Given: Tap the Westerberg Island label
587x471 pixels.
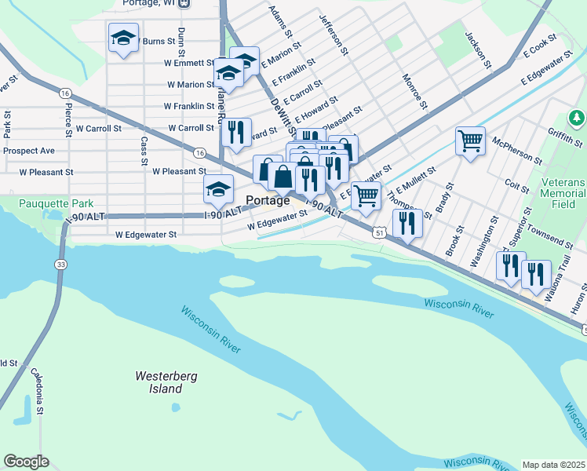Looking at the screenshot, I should (x=159, y=382).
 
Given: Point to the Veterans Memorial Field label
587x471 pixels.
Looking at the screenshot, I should (x=563, y=193).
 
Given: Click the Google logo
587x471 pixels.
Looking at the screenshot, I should (x=26, y=462).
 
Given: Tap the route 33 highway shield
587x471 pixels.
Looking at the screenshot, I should (x=60, y=265).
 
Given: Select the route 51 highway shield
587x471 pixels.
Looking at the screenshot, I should (x=379, y=233).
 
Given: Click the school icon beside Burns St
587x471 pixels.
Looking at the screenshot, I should (x=123, y=38).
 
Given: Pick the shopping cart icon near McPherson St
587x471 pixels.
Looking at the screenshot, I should (x=470, y=142).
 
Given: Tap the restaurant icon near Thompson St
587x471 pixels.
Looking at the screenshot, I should (x=407, y=222).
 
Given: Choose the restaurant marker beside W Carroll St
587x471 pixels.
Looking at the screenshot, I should (x=235, y=133).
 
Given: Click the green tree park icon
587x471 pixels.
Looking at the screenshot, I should (x=577, y=119).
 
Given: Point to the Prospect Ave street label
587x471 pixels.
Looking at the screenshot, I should (x=28, y=150).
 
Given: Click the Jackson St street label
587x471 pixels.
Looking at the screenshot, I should (x=477, y=49).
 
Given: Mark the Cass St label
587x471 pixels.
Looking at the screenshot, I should (x=144, y=150).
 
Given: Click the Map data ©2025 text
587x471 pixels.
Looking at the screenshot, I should (x=554, y=465).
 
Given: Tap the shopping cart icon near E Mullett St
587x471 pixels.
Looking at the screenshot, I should (x=366, y=195).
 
